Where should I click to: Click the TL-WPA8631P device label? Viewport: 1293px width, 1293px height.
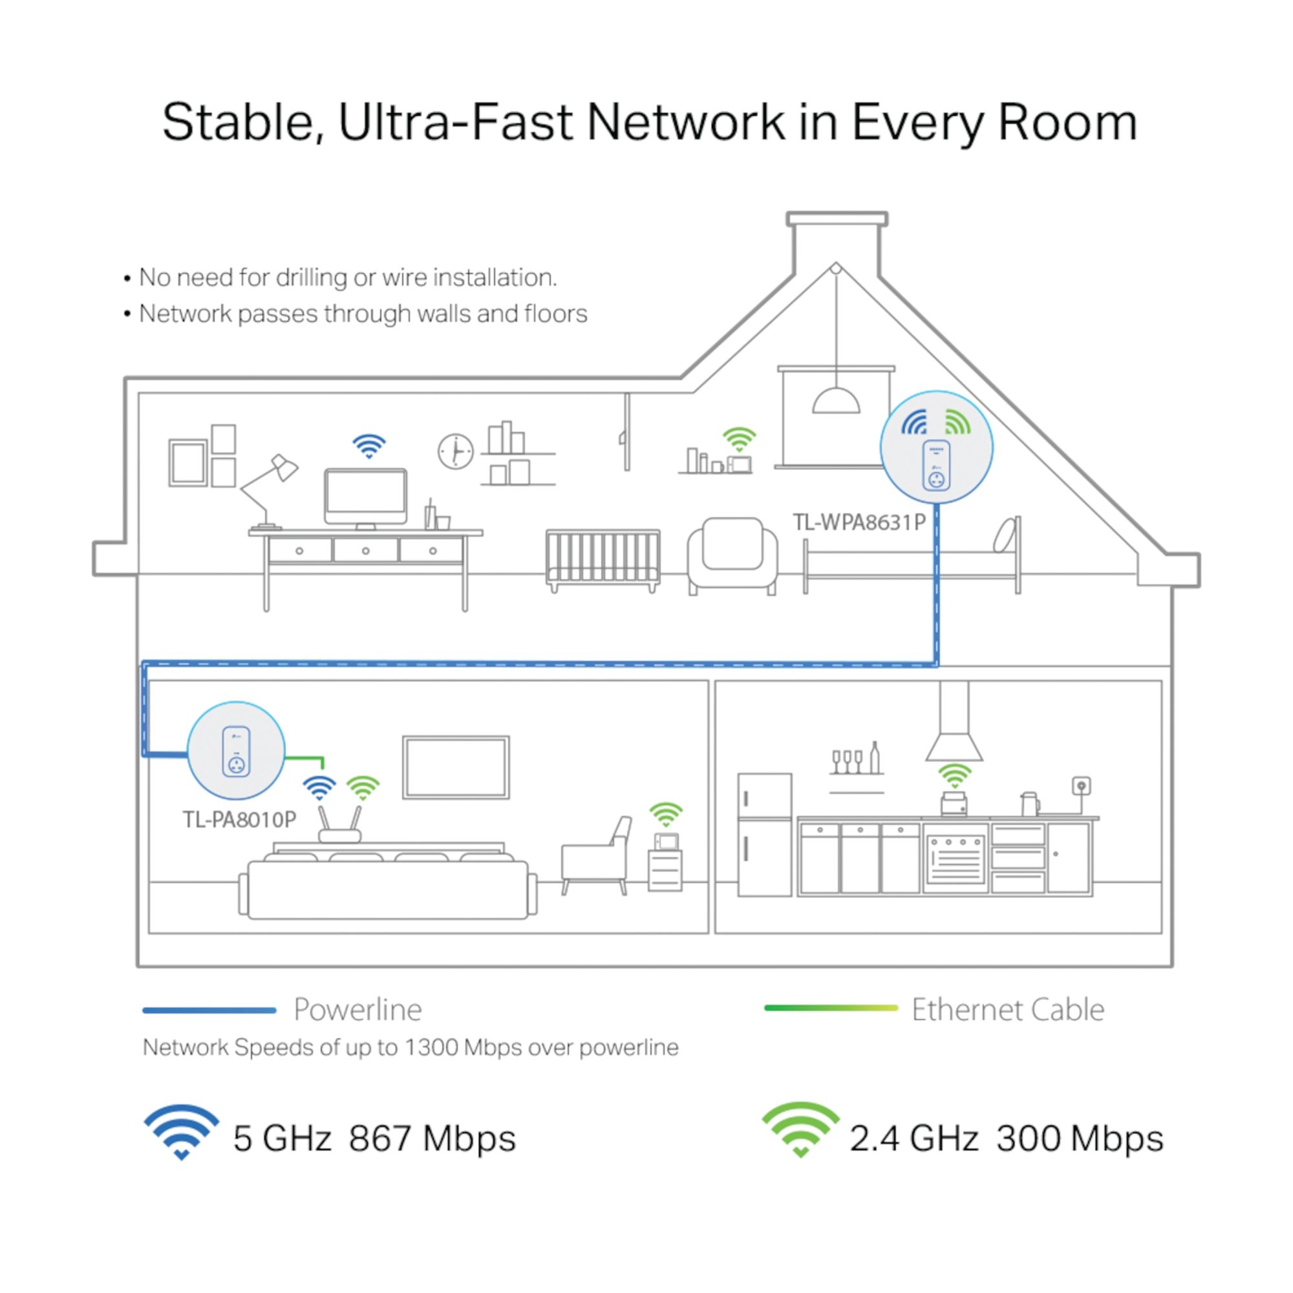point(859,522)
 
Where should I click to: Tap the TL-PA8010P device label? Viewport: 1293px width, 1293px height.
point(239,820)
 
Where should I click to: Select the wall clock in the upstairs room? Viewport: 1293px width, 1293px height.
point(456,452)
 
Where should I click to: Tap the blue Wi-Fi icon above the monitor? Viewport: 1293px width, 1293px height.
point(369,445)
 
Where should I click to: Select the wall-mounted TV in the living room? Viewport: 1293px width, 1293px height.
point(456,767)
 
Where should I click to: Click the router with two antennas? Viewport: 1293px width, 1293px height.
point(339,828)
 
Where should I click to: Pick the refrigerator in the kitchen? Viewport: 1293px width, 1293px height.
point(764,835)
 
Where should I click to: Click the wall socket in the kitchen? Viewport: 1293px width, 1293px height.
point(1081,785)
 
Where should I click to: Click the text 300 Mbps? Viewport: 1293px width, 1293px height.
point(1080,1138)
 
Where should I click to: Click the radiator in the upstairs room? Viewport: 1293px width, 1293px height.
point(603,559)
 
